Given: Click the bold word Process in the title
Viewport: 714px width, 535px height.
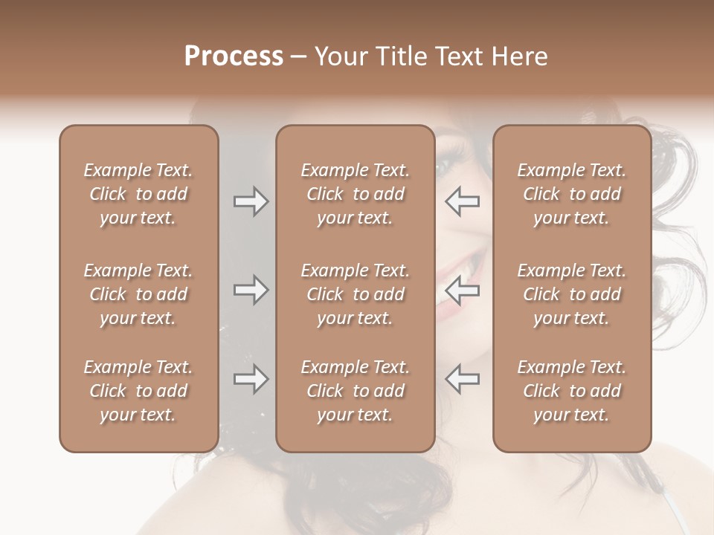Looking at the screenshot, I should pyautogui.click(x=234, y=56).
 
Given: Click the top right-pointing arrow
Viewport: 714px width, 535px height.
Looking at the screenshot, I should pyautogui.click(x=251, y=201).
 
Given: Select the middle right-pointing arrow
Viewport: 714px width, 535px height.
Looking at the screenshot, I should pyautogui.click(x=251, y=290).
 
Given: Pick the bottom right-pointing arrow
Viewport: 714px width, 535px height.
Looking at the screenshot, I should pyautogui.click(x=251, y=379).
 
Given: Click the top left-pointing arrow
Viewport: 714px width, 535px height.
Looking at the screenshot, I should pyautogui.click(x=462, y=201).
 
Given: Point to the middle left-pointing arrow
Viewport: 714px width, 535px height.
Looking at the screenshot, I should pyautogui.click(x=462, y=290).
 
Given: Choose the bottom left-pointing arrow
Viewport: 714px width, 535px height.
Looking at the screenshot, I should pyautogui.click(x=462, y=379).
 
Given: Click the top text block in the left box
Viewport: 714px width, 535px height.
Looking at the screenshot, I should pyautogui.click(x=138, y=194).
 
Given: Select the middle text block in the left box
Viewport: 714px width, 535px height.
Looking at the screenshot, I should pyautogui.click(x=138, y=294).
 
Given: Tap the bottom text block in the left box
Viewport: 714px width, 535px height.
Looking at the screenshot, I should pyautogui.click(x=138, y=391).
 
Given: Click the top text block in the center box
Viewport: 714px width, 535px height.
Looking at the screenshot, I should pyautogui.click(x=356, y=194).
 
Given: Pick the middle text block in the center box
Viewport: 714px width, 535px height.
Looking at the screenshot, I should pyautogui.click(x=356, y=294).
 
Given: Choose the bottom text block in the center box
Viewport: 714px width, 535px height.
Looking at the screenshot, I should pyautogui.click(x=356, y=391).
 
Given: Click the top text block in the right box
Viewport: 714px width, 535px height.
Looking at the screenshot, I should pyautogui.click(x=572, y=194).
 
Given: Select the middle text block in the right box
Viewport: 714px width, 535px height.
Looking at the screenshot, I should pyautogui.click(x=572, y=294).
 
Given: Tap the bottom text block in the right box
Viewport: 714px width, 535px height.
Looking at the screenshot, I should pyautogui.click(x=572, y=391).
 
